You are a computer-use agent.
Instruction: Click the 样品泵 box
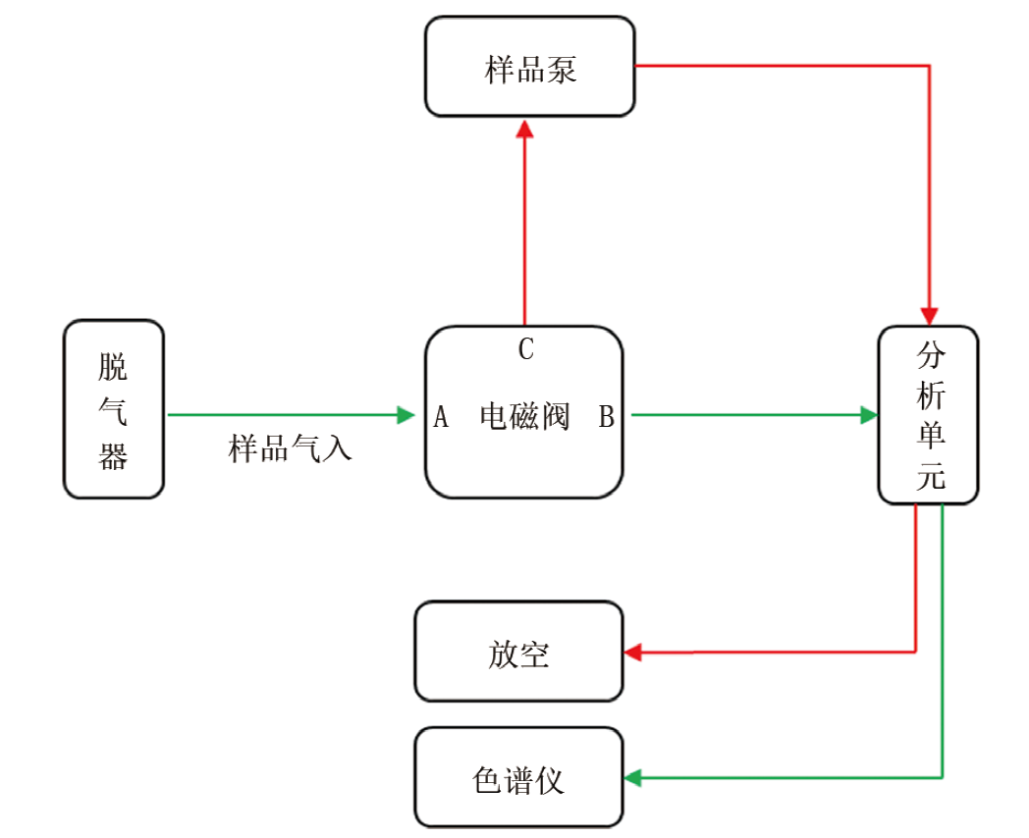pos(530,67)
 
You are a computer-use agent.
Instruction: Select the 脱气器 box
pos(113,409)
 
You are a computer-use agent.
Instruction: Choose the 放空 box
pos(518,653)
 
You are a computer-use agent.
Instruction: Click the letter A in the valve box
pos(441,418)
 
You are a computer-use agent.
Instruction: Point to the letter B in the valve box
pos(607,418)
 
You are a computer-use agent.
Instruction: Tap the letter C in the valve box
pos(526,349)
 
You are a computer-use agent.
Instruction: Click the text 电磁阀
pos(524,417)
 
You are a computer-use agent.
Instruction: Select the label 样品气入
pos(291,449)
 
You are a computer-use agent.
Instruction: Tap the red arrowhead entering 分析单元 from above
pos(929,315)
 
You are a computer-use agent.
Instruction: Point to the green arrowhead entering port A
pos(406,415)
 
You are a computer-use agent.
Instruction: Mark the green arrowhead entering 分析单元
pos(868,415)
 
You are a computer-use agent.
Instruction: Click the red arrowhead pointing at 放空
pos(633,652)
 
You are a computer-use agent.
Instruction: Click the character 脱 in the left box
pos(113,368)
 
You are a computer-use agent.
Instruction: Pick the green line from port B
pos(746,415)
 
